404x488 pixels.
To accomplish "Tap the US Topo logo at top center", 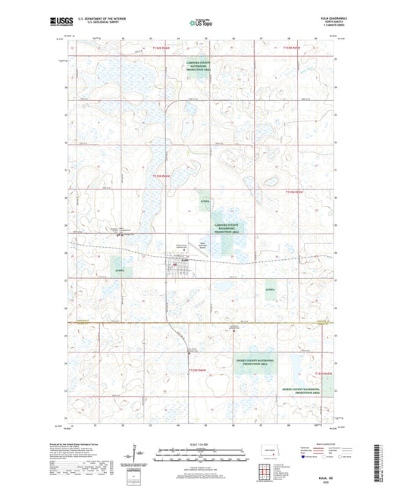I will pyautogui.click(x=202, y=23).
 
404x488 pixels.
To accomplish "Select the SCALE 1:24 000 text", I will pyautogui.click(x=200, y=443).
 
